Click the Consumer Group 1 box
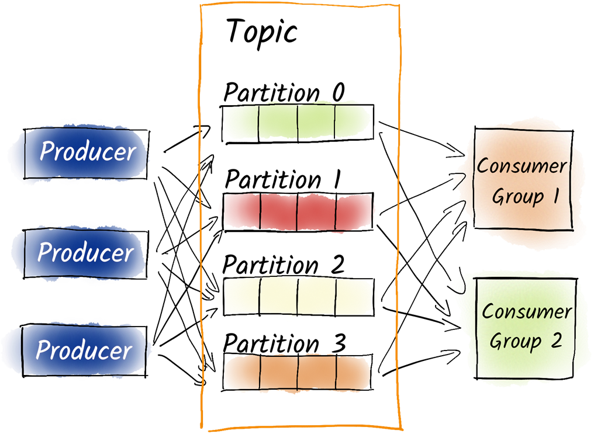click(x=522, y=180)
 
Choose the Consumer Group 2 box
click(x=524, y=327)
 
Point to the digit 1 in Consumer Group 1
click(x=554, y=196)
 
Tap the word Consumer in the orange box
click(x=522, y=166)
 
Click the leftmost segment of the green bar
click(x=241, y=121)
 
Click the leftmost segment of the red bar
click(x=240, y=210)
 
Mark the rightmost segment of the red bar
click(x=354, y=210)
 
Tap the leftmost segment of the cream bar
click(x=239, y=297)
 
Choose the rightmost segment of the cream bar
click(x=354, y=297)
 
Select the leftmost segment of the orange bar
click(x=242, y=372)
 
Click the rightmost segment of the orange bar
click(x=353, y=372)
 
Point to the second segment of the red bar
click(x=278, y=210)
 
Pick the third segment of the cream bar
click(x=316, y=297)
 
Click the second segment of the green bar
click(x=278, y=121)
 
